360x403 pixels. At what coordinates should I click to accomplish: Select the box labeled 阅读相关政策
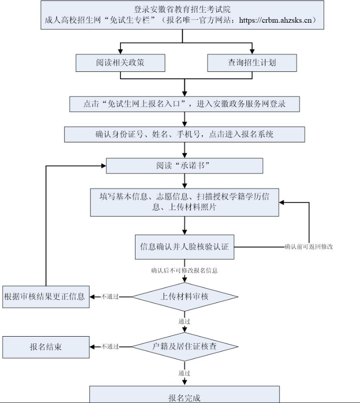[x=120, y=63]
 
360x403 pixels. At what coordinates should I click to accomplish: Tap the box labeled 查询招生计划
[x=252, y=63]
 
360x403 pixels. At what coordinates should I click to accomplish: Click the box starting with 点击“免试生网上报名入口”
[x=184, y=104]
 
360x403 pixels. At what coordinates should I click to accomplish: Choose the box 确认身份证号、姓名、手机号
[x=184, y=134]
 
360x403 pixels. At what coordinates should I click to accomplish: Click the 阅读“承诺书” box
[x=184, y=166]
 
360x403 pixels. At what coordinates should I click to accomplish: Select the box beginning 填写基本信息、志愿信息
[x=184, y=202]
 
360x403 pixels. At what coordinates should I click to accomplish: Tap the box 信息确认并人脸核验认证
[x=184, y=247]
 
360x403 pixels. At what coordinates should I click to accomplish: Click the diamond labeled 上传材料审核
[x=184, y=297]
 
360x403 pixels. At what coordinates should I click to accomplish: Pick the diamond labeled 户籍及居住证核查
[x=184, y=347]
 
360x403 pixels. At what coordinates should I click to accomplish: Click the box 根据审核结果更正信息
[x=45, y=297]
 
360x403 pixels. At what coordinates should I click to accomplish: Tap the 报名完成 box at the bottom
[x=184, y=397]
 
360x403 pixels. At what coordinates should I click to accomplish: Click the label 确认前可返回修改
[x=309, y=247]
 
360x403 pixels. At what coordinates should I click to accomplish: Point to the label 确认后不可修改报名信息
[x=184, y=271]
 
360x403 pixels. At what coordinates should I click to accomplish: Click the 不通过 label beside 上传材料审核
[x=110, y=297]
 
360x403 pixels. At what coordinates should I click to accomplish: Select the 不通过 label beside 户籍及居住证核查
[x=110, y=347]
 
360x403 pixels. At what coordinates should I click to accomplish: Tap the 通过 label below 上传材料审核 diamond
[x=184, y=322]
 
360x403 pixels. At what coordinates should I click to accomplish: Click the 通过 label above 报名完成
[x=184, y=373]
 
